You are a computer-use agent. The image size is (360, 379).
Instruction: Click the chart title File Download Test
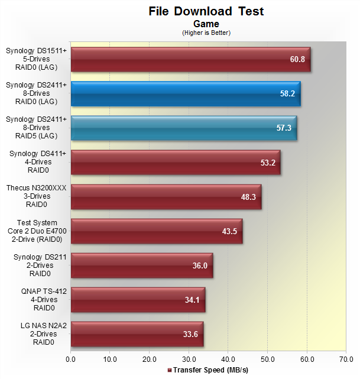[206, 11]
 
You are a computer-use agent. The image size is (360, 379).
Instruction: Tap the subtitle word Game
[206, 24]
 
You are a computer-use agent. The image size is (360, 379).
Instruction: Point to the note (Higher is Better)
[206, 33]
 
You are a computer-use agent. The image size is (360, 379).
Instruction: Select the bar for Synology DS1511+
[190, 59]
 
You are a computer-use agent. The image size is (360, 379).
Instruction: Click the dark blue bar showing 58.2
[186, 93]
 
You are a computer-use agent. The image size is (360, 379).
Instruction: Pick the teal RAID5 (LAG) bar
[184, 128]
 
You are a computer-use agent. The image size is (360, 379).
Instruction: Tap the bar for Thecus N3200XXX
[166, 196]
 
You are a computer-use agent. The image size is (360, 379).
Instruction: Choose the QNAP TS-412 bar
[138, 299]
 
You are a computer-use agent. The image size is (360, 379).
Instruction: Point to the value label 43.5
[229, 231]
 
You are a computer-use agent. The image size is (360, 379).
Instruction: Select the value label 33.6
[190, 334]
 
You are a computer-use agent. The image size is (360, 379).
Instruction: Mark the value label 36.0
[200, 265]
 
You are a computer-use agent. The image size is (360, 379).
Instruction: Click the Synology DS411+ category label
[37, 162]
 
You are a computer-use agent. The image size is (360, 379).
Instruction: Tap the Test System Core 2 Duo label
[37, 231]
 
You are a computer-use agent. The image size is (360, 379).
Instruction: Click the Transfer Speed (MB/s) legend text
[209, 370]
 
